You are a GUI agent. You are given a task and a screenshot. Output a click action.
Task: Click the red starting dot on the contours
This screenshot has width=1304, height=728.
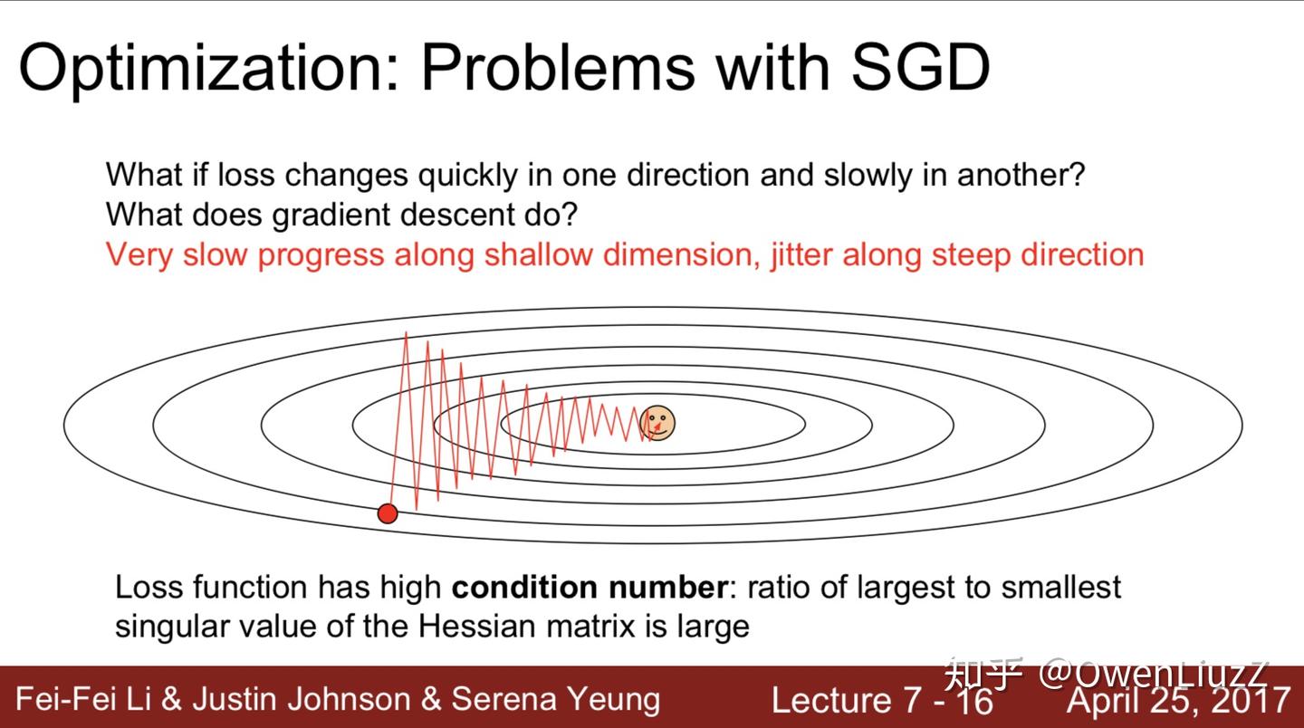(x=388, y=513)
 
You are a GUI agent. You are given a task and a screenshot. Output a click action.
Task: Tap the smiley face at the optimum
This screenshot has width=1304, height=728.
(x=657, y=423)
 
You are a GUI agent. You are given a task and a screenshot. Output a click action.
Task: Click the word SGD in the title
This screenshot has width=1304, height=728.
(x=920, y=68)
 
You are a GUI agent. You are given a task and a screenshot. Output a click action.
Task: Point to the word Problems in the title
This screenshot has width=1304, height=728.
(x=558, y=68)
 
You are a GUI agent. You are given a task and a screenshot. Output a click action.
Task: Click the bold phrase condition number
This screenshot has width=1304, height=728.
(x=590, y=587)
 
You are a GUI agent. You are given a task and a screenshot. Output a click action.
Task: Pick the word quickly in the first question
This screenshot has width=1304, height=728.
(x=467, y=175)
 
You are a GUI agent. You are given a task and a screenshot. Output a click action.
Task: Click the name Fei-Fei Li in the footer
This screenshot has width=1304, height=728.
(x=84, y=699)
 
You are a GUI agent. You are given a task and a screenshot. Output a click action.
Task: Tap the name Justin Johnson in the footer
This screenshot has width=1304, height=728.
(x=302, y=699)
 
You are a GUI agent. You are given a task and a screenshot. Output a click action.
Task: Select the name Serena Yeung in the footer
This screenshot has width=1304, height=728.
(x=556, y=700)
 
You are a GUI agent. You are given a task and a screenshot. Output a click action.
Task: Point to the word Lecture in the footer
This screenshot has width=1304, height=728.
(x=831, y=700)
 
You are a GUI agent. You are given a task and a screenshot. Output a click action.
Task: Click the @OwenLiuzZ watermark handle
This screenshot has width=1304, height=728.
(x=1153, y=675)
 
